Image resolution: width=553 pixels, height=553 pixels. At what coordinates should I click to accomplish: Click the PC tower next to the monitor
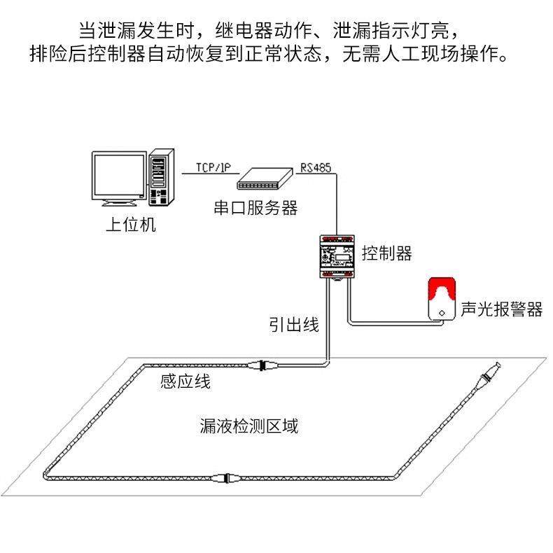[x=160, y=178]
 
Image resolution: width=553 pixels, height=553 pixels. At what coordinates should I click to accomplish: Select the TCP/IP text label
[x=213, y=167]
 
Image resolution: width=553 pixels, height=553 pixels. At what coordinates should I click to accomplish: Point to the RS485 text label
[x=316, y=167]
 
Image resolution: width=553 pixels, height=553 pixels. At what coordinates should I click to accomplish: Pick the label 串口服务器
[x=255, y=207]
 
